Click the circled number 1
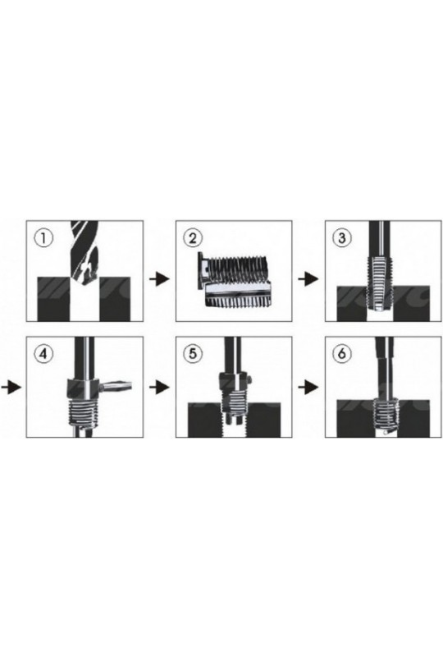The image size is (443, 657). tap(44, 239)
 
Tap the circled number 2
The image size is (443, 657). tap(193, 238)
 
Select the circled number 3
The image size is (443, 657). tap(341, 238)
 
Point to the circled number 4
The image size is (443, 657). tap(44, 354)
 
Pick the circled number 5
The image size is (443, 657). tap(193, 354)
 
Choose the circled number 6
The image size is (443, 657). tap(341, 354)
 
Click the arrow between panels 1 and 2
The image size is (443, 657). tap(159, 278)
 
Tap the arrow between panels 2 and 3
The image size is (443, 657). tap(308, 278)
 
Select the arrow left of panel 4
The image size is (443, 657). tap(11, 387)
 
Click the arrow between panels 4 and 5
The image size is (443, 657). tap(159, 387)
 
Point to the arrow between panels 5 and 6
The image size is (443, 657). tap(308, 387)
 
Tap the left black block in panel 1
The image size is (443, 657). tap(53, 299)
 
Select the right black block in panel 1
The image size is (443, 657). tap(115, 299)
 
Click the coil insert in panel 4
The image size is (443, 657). tap(84, 413)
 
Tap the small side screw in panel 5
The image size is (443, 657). tap(249, 379)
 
